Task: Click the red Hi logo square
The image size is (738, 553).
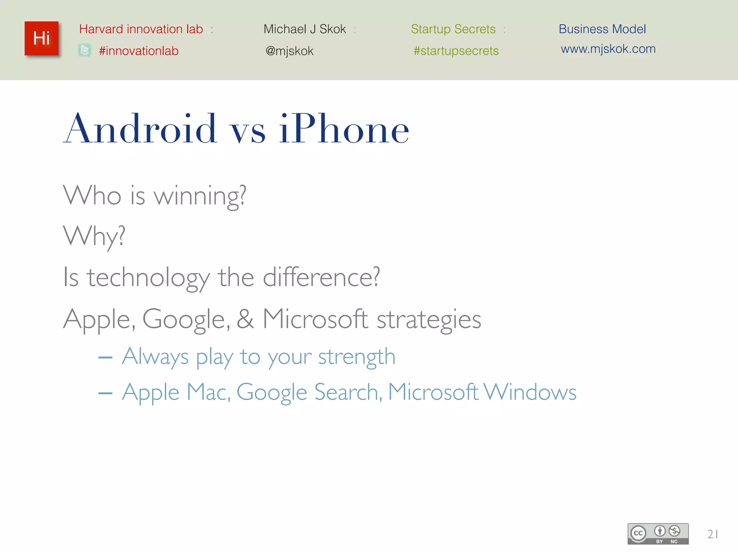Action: (41, 39)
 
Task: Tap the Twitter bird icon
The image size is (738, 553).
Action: (85, 50)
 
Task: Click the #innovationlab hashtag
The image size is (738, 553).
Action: (139, 51)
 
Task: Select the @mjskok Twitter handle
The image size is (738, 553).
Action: (289, 51)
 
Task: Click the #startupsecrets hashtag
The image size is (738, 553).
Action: (456, 51)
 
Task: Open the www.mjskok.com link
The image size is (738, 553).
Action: (608, 49)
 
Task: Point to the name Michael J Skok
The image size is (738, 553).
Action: (304, 29)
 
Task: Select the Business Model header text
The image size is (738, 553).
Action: (602, 29)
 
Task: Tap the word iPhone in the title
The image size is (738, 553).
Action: (344, 129)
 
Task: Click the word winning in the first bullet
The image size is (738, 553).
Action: (200, 196)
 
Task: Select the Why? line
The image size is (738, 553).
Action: (94, 237)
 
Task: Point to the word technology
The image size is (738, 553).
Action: (148, 278)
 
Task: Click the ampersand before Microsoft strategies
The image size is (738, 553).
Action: (245, 319)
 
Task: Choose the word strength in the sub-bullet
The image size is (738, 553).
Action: (357, 357)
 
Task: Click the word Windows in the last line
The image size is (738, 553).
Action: (530, 392)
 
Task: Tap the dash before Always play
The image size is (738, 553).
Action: (105, 358)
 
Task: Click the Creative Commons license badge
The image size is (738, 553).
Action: (658, 534)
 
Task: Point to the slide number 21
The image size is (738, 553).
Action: (712, 534)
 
